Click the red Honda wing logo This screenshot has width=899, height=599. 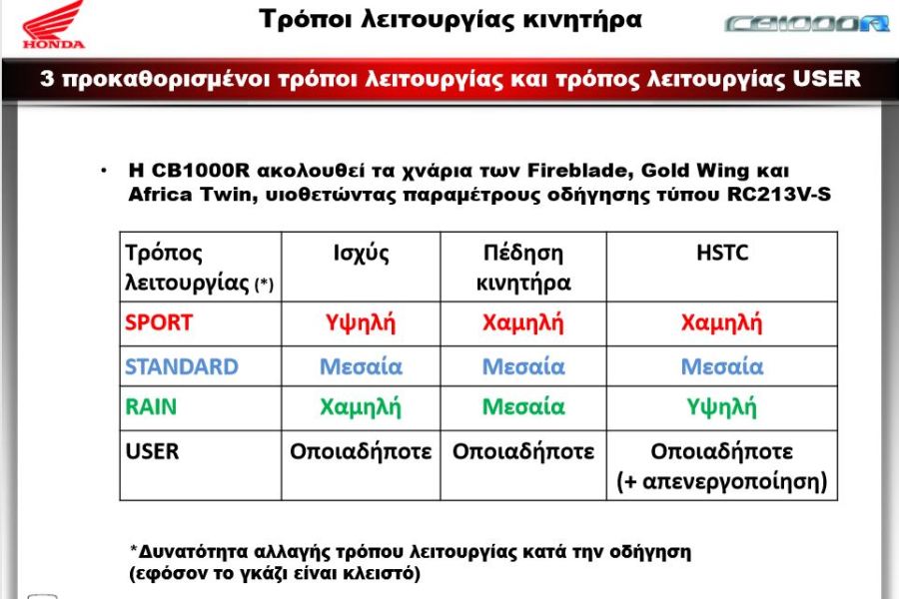click(54, 24)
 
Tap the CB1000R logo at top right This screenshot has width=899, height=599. click(807, 24)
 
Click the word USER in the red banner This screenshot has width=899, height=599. click(826, 78)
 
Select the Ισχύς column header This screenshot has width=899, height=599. click(362, 254)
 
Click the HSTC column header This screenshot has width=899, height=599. click(722, 253)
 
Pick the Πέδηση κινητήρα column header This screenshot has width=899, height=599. click(523, 268)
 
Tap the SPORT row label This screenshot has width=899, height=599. click(159, 322)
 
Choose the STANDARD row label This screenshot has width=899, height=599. click(182, 366)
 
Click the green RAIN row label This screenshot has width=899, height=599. click(151, 407)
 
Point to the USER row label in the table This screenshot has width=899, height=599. click(152, 451)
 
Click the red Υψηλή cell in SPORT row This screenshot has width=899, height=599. click(361, 323)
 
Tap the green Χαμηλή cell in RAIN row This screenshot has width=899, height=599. click(361, 407)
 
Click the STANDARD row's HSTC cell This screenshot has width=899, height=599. click(722, 366)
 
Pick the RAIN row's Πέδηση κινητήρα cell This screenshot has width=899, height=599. click(523, 407)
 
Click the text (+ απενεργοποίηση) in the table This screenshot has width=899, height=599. click(722, 481)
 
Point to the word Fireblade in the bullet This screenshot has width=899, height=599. click(580, 171)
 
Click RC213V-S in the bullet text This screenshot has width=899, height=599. click(779, 195)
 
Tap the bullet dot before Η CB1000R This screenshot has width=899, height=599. click(104, 171)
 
